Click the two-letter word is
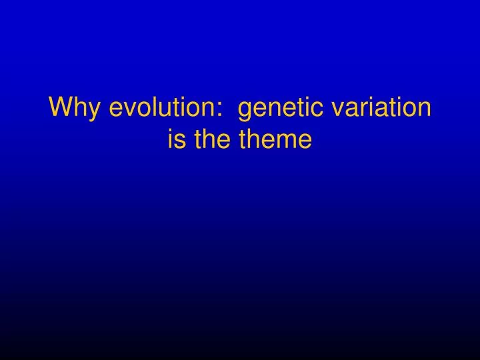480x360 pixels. (x=175, y=139)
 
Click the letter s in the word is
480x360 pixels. (x=179, y=141)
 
